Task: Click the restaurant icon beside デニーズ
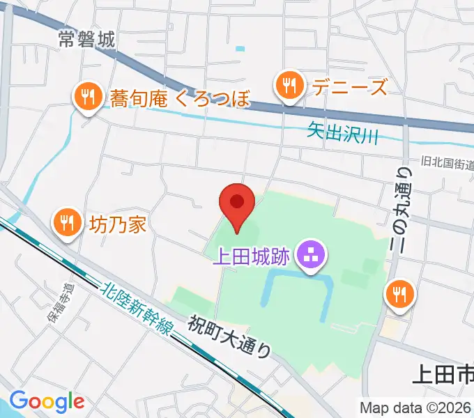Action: click(x=288, y=87)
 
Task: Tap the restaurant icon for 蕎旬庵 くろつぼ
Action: click(x=87, y=98)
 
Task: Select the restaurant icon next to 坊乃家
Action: click(x=66, y=224)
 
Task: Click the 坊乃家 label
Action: click(x=116, y=224)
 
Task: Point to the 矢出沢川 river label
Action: click(x=342, y=133)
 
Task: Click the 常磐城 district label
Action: click(x=86, y=40)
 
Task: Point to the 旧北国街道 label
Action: click(x=447, y=163)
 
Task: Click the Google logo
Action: click(x=47, y=401)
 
